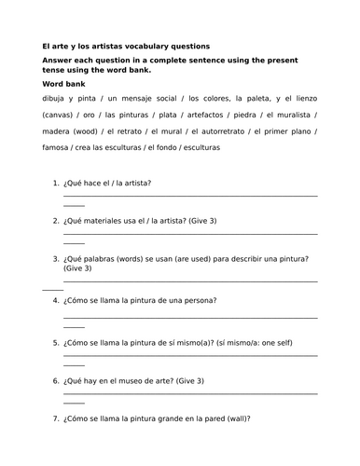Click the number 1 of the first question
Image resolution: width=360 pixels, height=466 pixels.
pos(55,184)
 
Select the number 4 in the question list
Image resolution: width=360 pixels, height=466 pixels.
pos(55,300)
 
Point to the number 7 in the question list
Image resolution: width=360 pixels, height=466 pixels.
pos(55,418)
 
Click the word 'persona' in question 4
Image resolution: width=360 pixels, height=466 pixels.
pos(198,300)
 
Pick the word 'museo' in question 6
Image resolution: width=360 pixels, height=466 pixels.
pos(133,381)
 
